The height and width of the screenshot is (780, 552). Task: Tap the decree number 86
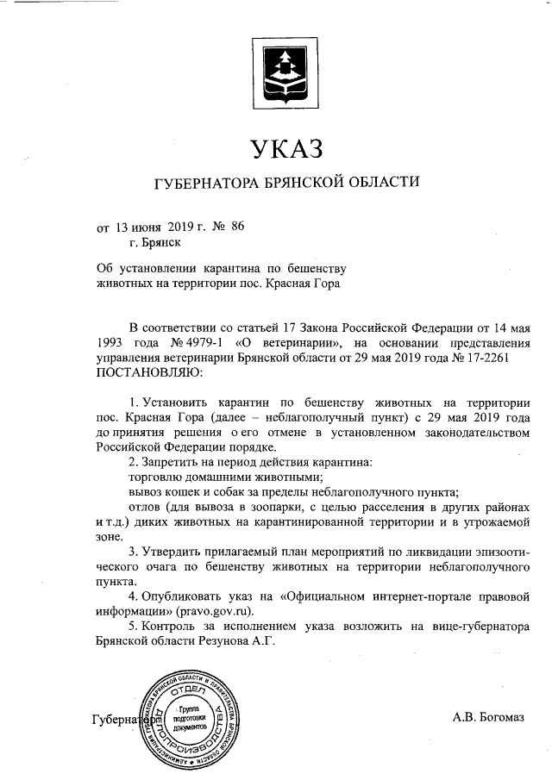239,227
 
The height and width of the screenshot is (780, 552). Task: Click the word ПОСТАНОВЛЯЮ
147,373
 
